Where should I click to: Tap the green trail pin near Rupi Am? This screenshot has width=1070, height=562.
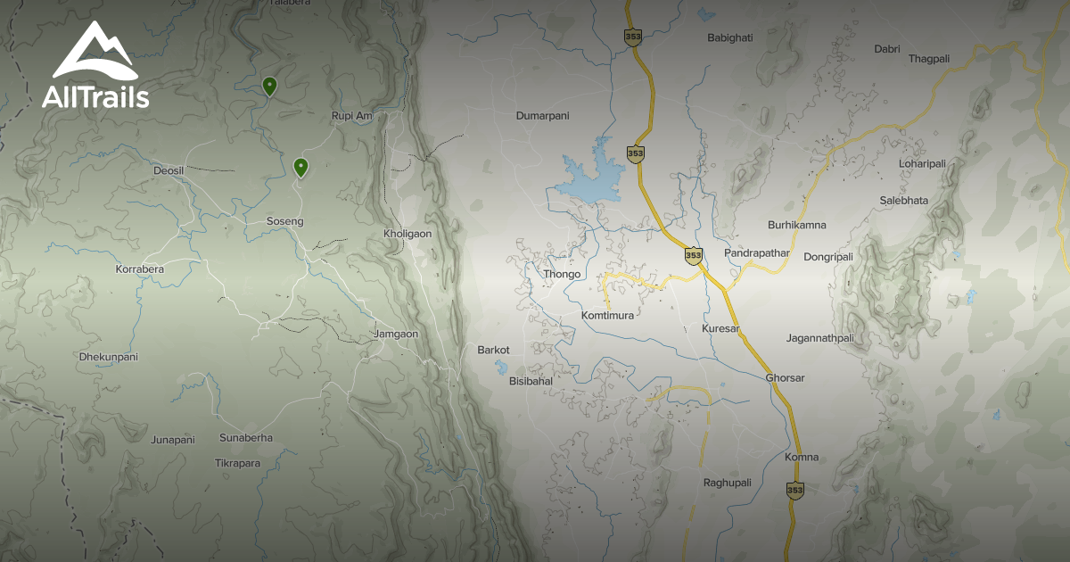pyautogui.click(x=269, y=86)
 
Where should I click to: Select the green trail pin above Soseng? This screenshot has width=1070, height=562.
pyautogui.click(x=301, y=166)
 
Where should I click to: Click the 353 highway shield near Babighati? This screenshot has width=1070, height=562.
pyautogui.click(x=633, y=36)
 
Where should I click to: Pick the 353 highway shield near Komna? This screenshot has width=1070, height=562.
pyautogui.click(x=795, y=490)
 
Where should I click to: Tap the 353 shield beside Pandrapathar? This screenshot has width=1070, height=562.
pyautogui.click(x=693, y=255)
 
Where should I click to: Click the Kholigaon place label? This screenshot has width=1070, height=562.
pyautogui.click(x=407, y=234)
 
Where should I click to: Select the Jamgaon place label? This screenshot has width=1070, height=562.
pyautogui.click(x=396, y=334)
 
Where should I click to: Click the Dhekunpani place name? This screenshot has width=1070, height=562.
pyautogui.click(x=108, y=357)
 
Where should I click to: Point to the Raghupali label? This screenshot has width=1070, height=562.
pyautogui.click(x=727, y=483)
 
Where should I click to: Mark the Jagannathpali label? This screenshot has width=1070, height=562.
pyautogui.click(x=820, y=338)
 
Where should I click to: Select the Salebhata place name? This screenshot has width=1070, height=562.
pyautogui.click(x=903, y=201)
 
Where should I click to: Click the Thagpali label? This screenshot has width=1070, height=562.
pyautogui.click(x=929, y=59)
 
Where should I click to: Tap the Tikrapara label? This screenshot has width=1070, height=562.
pyautogui.click(x=237, y=463)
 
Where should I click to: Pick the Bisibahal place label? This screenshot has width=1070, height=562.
pyautogui.click(x=531, y=381)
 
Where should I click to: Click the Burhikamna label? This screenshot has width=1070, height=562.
pyautogui.click(x=797, y=225)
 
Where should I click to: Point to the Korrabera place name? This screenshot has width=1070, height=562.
pyautogui.click(x=140, y=269)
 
